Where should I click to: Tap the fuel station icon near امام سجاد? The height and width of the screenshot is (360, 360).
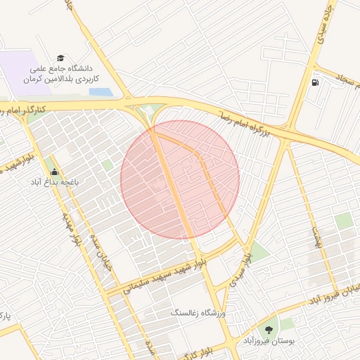coord(314,82)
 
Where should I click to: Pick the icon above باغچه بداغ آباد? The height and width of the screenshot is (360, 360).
coord(55,171)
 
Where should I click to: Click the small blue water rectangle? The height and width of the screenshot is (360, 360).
coord(100,92)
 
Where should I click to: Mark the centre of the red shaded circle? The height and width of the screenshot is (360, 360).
coord(180,180)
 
